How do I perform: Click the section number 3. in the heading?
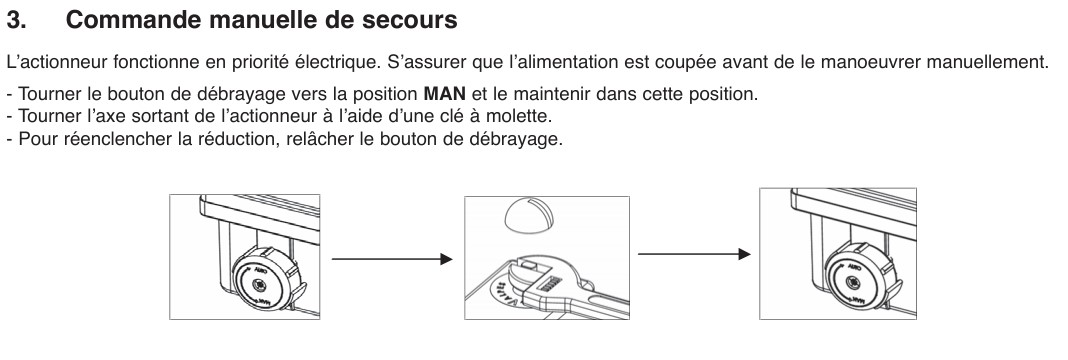pos(17,20)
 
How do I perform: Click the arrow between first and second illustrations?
pos(392,259)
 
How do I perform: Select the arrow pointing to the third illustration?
pos(694,254)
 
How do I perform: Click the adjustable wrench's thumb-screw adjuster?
pos(553,282)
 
